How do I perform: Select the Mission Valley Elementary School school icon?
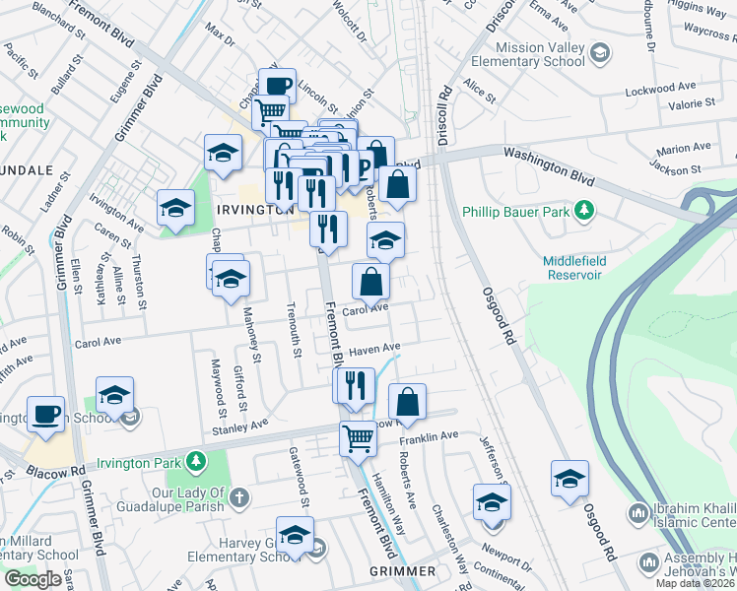pos(598,52)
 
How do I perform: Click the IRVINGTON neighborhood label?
pos(255,210)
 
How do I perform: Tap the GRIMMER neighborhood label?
pos(402,571)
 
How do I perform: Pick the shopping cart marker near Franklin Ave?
pos(358,437)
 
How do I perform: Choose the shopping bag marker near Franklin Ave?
pos(407,401)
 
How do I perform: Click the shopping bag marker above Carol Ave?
pos(370,282)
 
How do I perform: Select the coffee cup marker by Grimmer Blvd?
pos(44,413)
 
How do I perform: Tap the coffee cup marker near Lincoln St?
pos(277,85)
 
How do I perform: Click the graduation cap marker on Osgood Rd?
pos(569,478)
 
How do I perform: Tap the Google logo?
pos(33,579)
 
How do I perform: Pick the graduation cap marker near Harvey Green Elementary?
pos(294,534)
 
